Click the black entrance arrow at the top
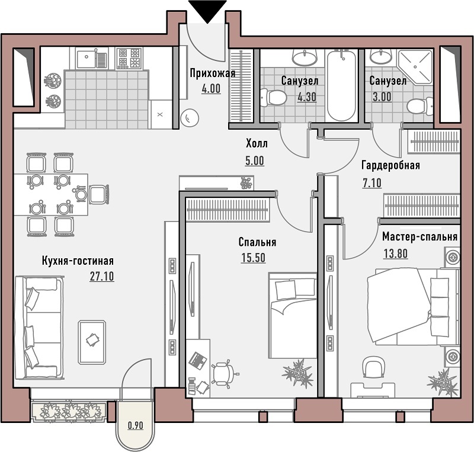[207, 11]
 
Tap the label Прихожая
[213, 73]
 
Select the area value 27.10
[102, 276]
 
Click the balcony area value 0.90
[135, 425]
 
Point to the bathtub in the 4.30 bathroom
[341, 85]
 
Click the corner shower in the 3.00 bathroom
[415, 66]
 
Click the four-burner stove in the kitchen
[129, 59]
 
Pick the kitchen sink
[92, 59]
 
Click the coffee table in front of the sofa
[92, 342]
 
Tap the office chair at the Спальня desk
[224, 373]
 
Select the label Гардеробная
[390, 165]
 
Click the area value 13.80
[395, 253]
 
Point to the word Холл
[257, 143]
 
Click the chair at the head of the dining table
[98, 194]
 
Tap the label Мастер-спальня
[419, 237]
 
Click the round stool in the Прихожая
[190, 118]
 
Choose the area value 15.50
[254, 258]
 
